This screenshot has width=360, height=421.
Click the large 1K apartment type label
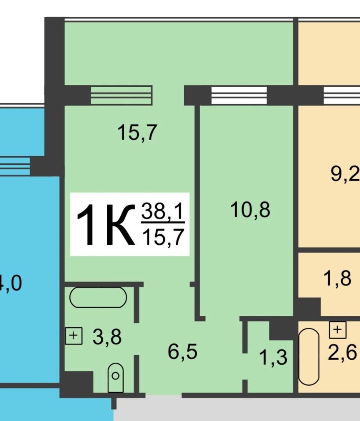pos(106,224)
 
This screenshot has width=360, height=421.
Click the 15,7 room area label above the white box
pos(137,132)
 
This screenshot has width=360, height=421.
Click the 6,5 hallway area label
pos(183,352)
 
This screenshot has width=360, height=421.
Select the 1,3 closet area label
pos(273,358)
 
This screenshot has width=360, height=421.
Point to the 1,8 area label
pos(337,278)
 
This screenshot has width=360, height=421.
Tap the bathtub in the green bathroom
pos(98,297)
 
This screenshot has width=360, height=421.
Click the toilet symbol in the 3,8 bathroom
pos(115,377)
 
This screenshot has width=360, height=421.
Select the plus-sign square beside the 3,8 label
pos(74,336)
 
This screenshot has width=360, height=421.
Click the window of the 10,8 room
pos(239,95)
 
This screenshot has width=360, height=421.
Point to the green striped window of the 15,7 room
pos(121,95)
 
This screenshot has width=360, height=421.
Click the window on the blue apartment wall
pos(15,166)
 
